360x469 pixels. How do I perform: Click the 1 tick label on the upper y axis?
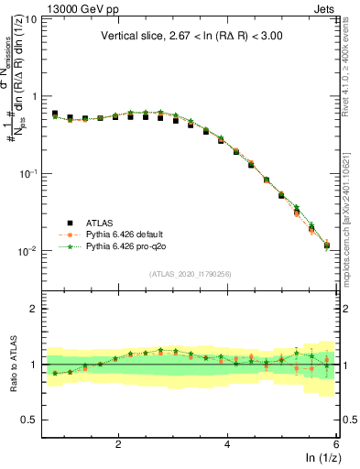[35, 96]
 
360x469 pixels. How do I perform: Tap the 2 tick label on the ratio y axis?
[35, 309]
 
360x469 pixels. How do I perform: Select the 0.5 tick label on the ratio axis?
[31, 420]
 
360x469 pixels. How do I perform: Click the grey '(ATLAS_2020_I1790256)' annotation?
[190, 274]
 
